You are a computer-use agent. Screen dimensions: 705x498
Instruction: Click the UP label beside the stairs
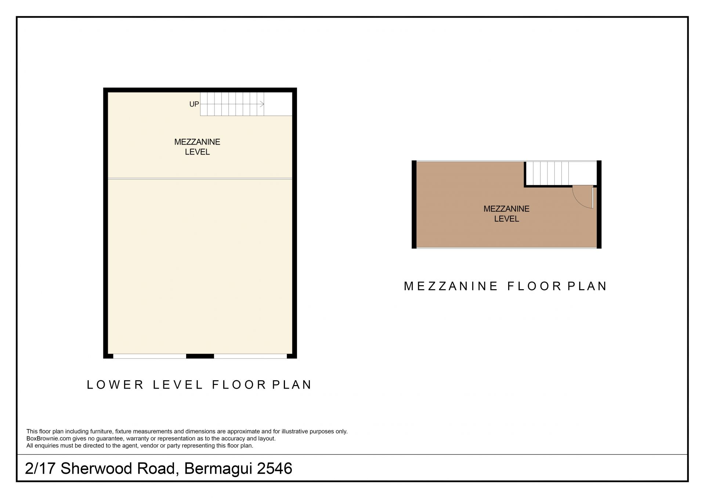pyautogui.click(x=194, y=104)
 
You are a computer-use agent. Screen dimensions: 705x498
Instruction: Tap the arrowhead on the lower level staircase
pyautogui.click(x=262, y=104)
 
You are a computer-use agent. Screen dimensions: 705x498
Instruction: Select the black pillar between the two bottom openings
pyautogui.click(x=200, y=356)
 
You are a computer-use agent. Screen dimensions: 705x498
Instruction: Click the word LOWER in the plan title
pyautogui.click(x=116, y=385)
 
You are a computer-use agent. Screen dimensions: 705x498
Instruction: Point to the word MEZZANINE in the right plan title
pyautogui.click(x=451, y=286)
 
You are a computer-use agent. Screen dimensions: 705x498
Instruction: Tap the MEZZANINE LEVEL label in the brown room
pyautogui.click(x=506, y=214)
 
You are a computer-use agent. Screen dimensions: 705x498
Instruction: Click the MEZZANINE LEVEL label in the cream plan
pyautogui.click(x=197, y=147)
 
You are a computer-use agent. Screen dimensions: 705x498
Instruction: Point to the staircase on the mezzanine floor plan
pyautogui.click(x=547, y=173)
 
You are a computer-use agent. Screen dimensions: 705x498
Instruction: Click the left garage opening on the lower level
pyautogui.click(x=149, y=356)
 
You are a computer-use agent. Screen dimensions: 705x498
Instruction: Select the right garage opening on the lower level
pyautogui.click(x=250, y=356)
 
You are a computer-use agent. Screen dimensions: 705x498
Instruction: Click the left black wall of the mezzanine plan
pyautogui.click(x=414, y=204)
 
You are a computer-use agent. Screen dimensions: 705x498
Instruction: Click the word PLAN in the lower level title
pyautogui.click(x=292, y=385)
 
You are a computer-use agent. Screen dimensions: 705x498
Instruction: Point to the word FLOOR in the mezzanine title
pyautogui.click(x=535, y=286)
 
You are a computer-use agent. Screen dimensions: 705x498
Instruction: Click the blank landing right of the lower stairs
pyautogui.click(x=278, y=104)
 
